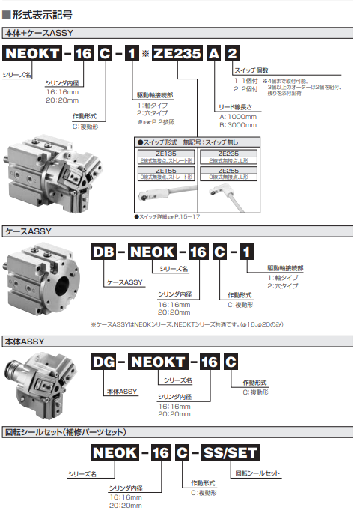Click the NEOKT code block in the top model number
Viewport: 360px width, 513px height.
[34, 55]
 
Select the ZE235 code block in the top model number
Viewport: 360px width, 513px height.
[177, 55]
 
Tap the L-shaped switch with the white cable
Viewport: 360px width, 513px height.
[228, 195]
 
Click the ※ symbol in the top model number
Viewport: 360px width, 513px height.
[145, 55]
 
